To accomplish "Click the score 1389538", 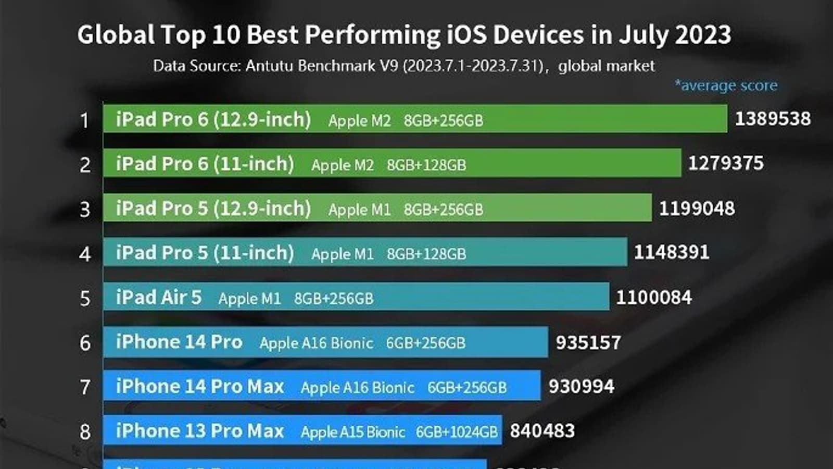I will pyautogui.click(x=773, y=119).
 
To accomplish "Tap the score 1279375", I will pyautogui.click(x=726, y=164).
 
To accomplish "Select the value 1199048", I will pyautogui.click(x=697, y=208).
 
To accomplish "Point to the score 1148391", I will pyautogui.click(x=672, y=253).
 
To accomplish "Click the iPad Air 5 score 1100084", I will pyautogui.click(x=654, y=298).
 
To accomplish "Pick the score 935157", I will pyautogui.click(x=588, y=342).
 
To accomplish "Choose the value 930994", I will pyautogui.click(x=581, y=387).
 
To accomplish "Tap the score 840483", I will pyautogui.click(x=542, y=431).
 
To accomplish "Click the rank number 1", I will pyautogui.click(x=85, y=121).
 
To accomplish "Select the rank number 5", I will pyautogui.click(x=85, y=299).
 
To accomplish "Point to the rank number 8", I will pyautogui.click(x=85, y=432).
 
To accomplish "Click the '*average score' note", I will pyautogui.click(x=726, y=85).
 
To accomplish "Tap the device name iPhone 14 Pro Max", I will pyautogui.click(x=200, y=387).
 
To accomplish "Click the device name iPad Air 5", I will pyautogui.click(x=158, y=298).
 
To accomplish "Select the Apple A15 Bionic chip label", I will pyautogui.click(x=352, y=432).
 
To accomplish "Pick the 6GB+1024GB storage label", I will pyautogui.click(x=457, y=432).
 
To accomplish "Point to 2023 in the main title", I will pyautogui.click(x=703, y=35).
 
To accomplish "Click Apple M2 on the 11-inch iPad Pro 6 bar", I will pyautogui.click(x=342, y=165).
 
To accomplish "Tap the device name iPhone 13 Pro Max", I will pyautogui.click(x=200, y=431).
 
